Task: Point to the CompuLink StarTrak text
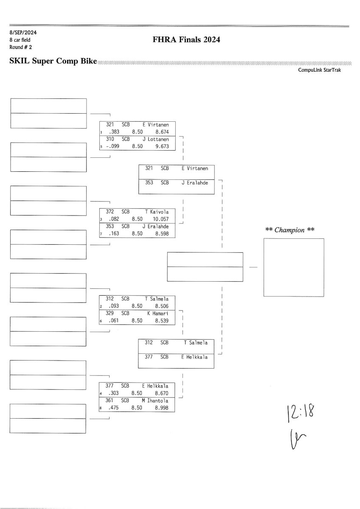pos(320,70)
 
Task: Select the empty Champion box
pos(293,267)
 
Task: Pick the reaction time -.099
pos(112,146)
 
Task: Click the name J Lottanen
pos(156,139)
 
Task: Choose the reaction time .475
pos(113,408)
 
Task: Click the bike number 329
pos(110,313)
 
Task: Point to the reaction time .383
pos(113,132)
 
